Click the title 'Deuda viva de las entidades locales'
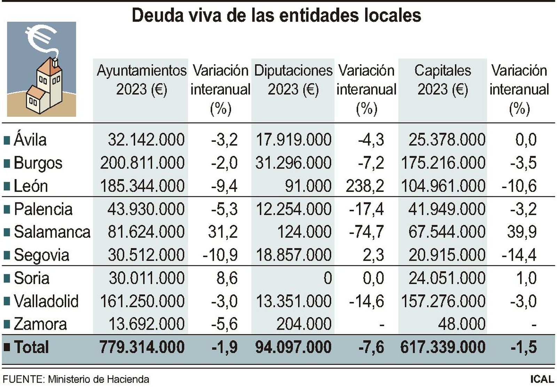point(276,15)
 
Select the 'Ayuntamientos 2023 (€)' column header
point(141,80)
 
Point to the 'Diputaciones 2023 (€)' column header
point(293,80)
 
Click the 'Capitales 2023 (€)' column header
point(442,80)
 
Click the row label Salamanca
point(52,232)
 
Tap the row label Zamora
point(40,324)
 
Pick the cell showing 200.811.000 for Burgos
point(142,163)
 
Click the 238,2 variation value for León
point(365,186)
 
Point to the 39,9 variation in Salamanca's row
point(522,232)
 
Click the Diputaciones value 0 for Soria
point(328,278)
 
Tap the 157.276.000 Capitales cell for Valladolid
point(443,301)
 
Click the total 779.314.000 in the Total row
point(142,347)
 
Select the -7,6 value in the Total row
point(371,347)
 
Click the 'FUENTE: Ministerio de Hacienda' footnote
point(76,379)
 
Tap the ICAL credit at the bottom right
point(542,379)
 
